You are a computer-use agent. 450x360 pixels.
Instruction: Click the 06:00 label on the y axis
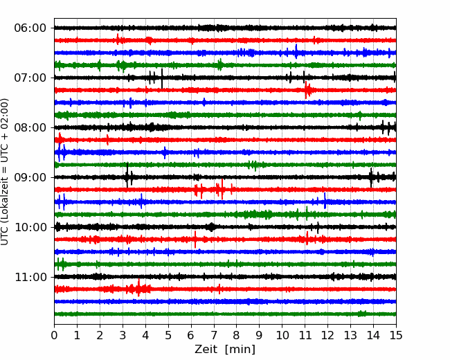(30, 28)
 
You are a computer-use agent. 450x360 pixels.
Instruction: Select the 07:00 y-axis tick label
(30, 78)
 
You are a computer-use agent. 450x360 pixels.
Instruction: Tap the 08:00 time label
(30, 128)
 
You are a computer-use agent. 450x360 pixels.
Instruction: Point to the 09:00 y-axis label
(30, 177)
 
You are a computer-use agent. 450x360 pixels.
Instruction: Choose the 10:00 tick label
(30, 227)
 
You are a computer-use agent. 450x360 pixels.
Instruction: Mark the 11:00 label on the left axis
(30, 278)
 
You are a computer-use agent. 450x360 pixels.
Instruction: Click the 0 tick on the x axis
(54, 335)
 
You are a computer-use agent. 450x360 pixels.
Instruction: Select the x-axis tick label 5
(168, 335)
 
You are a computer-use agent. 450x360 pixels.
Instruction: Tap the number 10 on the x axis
(282, 335)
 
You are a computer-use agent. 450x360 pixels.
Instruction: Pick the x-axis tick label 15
(396, 335)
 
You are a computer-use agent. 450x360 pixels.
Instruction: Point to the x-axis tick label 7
(214, 335)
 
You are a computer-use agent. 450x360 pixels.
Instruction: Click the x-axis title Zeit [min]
(225, 350)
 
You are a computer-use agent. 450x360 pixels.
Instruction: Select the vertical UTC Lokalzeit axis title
(4, 172)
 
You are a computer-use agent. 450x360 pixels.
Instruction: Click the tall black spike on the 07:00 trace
(162, 78)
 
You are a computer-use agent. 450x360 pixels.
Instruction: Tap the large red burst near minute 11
(307, 90)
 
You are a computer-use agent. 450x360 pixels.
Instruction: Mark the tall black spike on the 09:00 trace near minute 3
(127, 175)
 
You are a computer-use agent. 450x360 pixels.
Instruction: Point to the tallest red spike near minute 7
(222, 189)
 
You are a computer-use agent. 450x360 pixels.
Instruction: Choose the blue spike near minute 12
(325, 201)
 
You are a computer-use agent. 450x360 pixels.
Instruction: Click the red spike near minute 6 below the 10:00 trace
(195, 240)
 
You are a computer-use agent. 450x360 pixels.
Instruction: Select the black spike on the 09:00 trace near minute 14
(371, 178)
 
